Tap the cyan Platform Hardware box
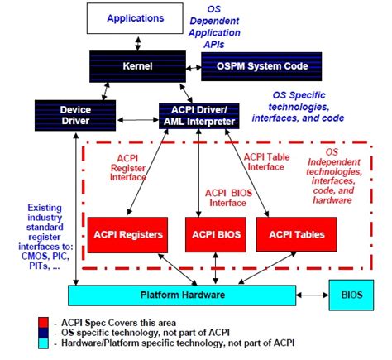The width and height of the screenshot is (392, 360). coord(180,295)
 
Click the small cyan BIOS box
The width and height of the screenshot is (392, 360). coord(351,295)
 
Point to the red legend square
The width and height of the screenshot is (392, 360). coord(42,319)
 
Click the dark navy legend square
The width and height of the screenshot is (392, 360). coord(42,330)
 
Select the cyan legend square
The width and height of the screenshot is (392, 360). coord(42,342)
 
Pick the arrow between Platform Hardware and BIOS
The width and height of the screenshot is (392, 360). coord(312,295)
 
